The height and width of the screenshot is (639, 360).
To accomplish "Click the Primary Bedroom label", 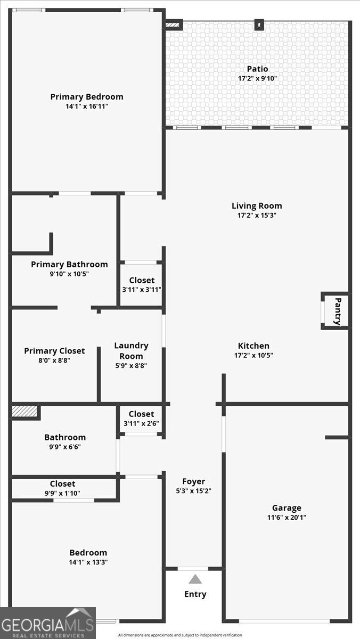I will tap(87, 97).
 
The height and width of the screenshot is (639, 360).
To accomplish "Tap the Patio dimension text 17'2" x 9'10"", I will tap(257, 78).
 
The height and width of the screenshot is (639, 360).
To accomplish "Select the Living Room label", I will tap(257, 206).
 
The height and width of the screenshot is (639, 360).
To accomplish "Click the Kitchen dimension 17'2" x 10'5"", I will tap(253, 355).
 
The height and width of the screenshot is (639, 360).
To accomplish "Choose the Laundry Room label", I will tap(131, 351).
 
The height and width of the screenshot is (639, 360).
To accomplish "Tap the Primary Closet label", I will tap(54, 351).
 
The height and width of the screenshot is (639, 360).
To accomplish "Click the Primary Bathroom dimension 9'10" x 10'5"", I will tap(69, 274).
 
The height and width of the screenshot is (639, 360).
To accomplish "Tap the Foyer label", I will tap(193, 481).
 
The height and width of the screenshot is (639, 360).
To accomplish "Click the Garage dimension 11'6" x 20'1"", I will tap(287, 517).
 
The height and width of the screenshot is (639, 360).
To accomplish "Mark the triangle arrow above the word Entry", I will tap(195, 579).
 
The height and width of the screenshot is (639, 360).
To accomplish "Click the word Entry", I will tap(195, 594).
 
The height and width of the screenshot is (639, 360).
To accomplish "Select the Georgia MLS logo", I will tap(47, 623).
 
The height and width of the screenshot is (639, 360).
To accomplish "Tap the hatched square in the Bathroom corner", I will tap(25, 412).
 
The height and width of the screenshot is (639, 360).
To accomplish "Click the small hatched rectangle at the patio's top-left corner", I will tap(173, 24).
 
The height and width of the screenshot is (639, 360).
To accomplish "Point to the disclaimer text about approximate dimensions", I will tap(180, 635).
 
